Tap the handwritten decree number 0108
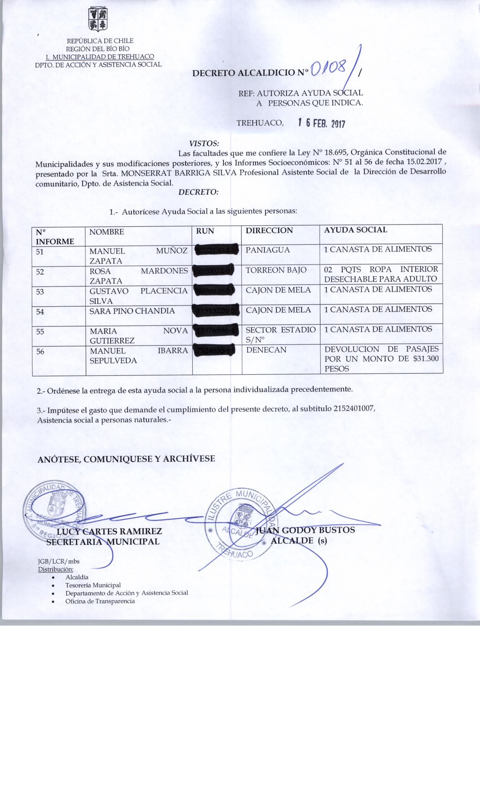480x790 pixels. [x=328, y=69]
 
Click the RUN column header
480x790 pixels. [x=205, y=231]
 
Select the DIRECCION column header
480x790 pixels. [x=269, y=231]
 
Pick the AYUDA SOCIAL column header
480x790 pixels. [x=355, y=230]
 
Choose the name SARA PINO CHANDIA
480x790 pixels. [x=132, y=311]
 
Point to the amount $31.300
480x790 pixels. [x=426, y=359]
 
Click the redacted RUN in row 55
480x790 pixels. [x=217, y=330]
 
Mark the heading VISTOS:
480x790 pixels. [x=204, y=143]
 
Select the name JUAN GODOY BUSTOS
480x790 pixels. [x=305, y=530]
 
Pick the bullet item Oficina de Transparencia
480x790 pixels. [x=100, y=601]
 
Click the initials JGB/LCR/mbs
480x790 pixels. [x=56, y=562]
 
